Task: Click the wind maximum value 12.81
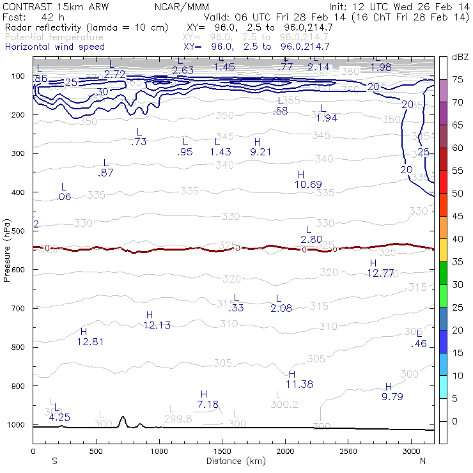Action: pyautogui.click(x=90, y=341)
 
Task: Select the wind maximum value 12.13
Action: pyautogui.click(x=156, y=325)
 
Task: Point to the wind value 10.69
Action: pyautogui.click(x=308, y=185)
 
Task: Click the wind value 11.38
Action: pyautogui.click(x=299, y=384)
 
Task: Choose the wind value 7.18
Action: pyautogui.click(x=208, y=405)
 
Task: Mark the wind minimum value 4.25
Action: pyautogui.click(x=59, y=417)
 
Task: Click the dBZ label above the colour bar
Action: pyautogui.click(x=460, y=57)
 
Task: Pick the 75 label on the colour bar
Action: pyautogui.click(x=458, y=79)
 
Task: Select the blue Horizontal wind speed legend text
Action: pyautogui.click(x=55, y=47)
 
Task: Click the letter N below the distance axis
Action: pyautogui.click(x=423, y=461)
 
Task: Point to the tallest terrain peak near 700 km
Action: pyautogui.click(x=123, y=417)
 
